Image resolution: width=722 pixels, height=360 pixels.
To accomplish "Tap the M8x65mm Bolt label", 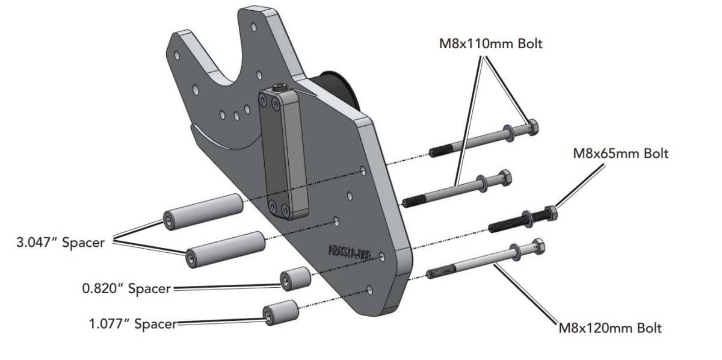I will pos(620,154).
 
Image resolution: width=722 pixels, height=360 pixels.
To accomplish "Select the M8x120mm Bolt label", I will pos(610,328).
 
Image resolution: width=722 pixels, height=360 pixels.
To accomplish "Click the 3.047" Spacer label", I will pos(60,243).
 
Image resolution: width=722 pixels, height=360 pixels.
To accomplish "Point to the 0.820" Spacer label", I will pos(126,288).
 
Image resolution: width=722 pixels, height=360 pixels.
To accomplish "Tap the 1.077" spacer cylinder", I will pos(280,312).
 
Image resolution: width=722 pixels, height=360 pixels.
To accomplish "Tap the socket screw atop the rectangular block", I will pos(280,89).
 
